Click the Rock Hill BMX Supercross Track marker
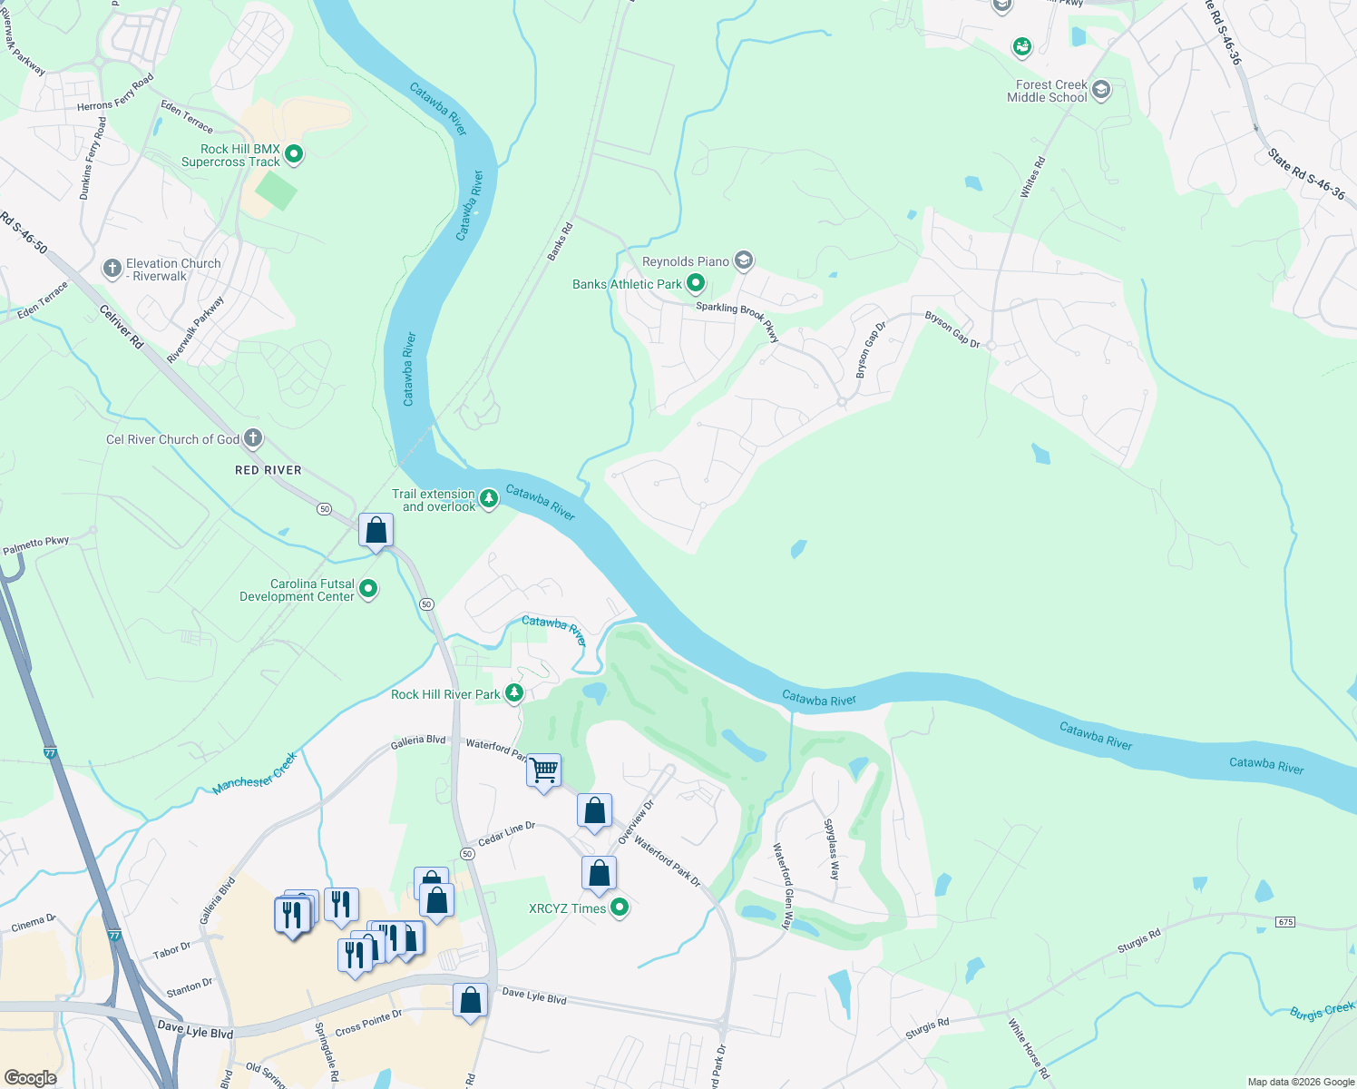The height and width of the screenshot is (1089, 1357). coord(293,154)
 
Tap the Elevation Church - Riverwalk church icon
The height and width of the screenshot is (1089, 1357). coord(112,269)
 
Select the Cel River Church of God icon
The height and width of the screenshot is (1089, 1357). coord(253,438)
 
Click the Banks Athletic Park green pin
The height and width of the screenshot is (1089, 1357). coord(696,283)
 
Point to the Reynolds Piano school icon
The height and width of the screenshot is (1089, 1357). coord(744,261)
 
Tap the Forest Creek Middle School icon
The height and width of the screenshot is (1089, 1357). coord(1101,90)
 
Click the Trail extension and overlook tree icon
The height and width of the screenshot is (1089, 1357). coord(489,499)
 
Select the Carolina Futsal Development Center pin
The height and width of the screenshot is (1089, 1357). coord(368,589)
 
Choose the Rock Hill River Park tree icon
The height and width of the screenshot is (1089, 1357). coord(514,693)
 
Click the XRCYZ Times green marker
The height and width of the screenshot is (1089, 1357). coord(620,907)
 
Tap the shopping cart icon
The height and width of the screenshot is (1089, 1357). coord(543,771)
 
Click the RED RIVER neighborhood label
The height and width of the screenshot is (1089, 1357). coord(268,470)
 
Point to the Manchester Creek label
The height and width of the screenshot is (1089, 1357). coord(254,774)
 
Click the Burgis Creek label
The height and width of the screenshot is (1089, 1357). coord(1322,1011)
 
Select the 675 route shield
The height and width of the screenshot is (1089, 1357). coord(1285,922)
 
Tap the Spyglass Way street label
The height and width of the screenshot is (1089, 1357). coord(831,849)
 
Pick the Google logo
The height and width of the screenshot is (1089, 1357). coord(30,1078)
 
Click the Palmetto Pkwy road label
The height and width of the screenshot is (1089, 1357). coord(36,544)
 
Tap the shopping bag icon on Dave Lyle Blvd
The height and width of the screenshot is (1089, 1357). coord(470,1001)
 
